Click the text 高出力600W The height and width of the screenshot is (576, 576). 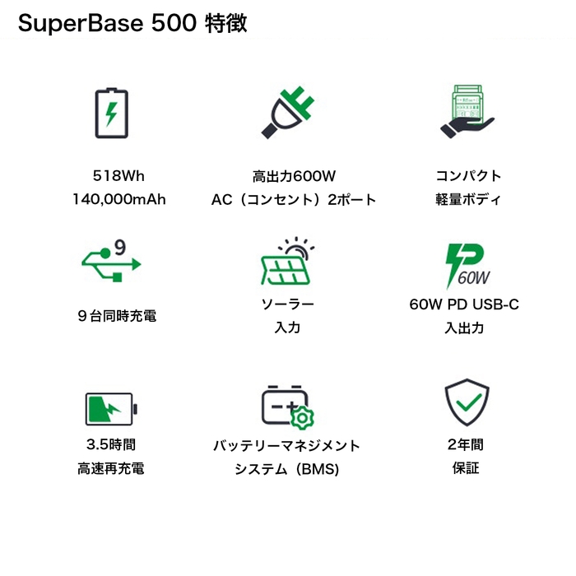point(294,175)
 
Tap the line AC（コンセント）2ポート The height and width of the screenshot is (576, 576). point(294,199)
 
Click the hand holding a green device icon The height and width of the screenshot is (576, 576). point(466,111)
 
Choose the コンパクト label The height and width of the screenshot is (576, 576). point(467,175)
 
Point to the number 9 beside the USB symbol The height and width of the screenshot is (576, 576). point(119,246)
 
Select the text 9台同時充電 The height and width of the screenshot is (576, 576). point(114,316)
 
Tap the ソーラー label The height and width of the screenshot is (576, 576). point(287,304)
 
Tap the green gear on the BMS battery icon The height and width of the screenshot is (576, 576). point(302,417)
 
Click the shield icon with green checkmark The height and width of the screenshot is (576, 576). point(467,402)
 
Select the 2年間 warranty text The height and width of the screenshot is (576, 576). point(465,445)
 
